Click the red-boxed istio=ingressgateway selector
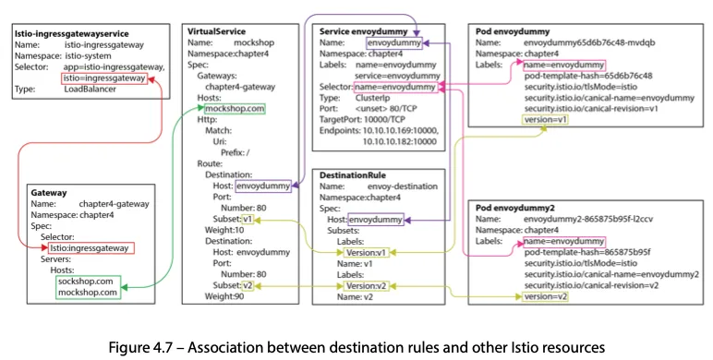pyautogui.click(x=104, y=78)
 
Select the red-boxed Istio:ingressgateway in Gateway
pyautogui.click(x=91, y=248)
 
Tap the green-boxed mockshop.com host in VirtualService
pyautogui.click(x=235, y=109)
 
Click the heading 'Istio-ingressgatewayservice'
pyautogui.click(x=71, y=33)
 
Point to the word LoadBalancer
pyautogui.click(x=90, y=90)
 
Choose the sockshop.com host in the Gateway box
pyautogui.click(x=86, y=282)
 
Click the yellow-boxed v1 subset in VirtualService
pyautogui.click(x=248, y=219)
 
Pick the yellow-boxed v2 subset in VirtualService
pyautogui.click(x=248, y=285)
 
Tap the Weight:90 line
pyautogui.click(x=224, y=296)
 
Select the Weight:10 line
pyautogui.click(x=224, y=230)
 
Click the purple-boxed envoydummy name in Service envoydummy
pyautogui.click(x=394, y=43)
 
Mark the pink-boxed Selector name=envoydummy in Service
pyautogui.click(x=395, y=87)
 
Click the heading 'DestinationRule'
pyautogui.click(x=353, y=175)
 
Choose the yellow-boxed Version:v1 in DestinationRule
pyautogui.click(x=366, y=252)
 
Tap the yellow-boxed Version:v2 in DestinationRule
pyautogui.click(x=366, y=286)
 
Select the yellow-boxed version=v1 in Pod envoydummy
pyautogui.click(x=545, y=120)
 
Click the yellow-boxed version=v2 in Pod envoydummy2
pyautogui.click(x=545, y=296)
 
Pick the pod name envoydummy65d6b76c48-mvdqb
pyautogui.click(x=589, y=42)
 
